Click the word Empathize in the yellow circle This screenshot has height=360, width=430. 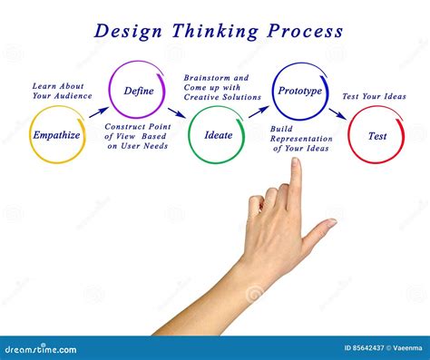(57, 135)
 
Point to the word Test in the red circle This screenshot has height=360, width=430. (377, 136)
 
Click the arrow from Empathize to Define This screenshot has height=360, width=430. (98, 112)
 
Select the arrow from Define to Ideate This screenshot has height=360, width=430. (176, 113)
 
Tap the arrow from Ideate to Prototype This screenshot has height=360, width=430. (259, 112)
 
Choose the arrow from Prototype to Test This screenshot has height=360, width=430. (337, 114)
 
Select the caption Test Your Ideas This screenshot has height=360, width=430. (374, 96)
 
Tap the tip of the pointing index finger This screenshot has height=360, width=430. (295, 163)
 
